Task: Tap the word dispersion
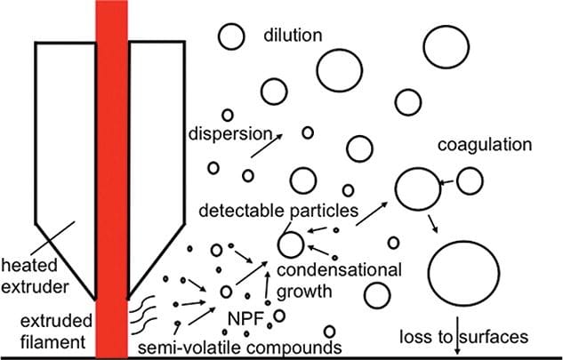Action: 229,134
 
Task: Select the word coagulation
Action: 484,145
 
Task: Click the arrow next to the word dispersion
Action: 262,145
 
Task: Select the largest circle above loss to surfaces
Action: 462,269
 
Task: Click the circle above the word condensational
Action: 290,243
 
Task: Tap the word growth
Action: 308,290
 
